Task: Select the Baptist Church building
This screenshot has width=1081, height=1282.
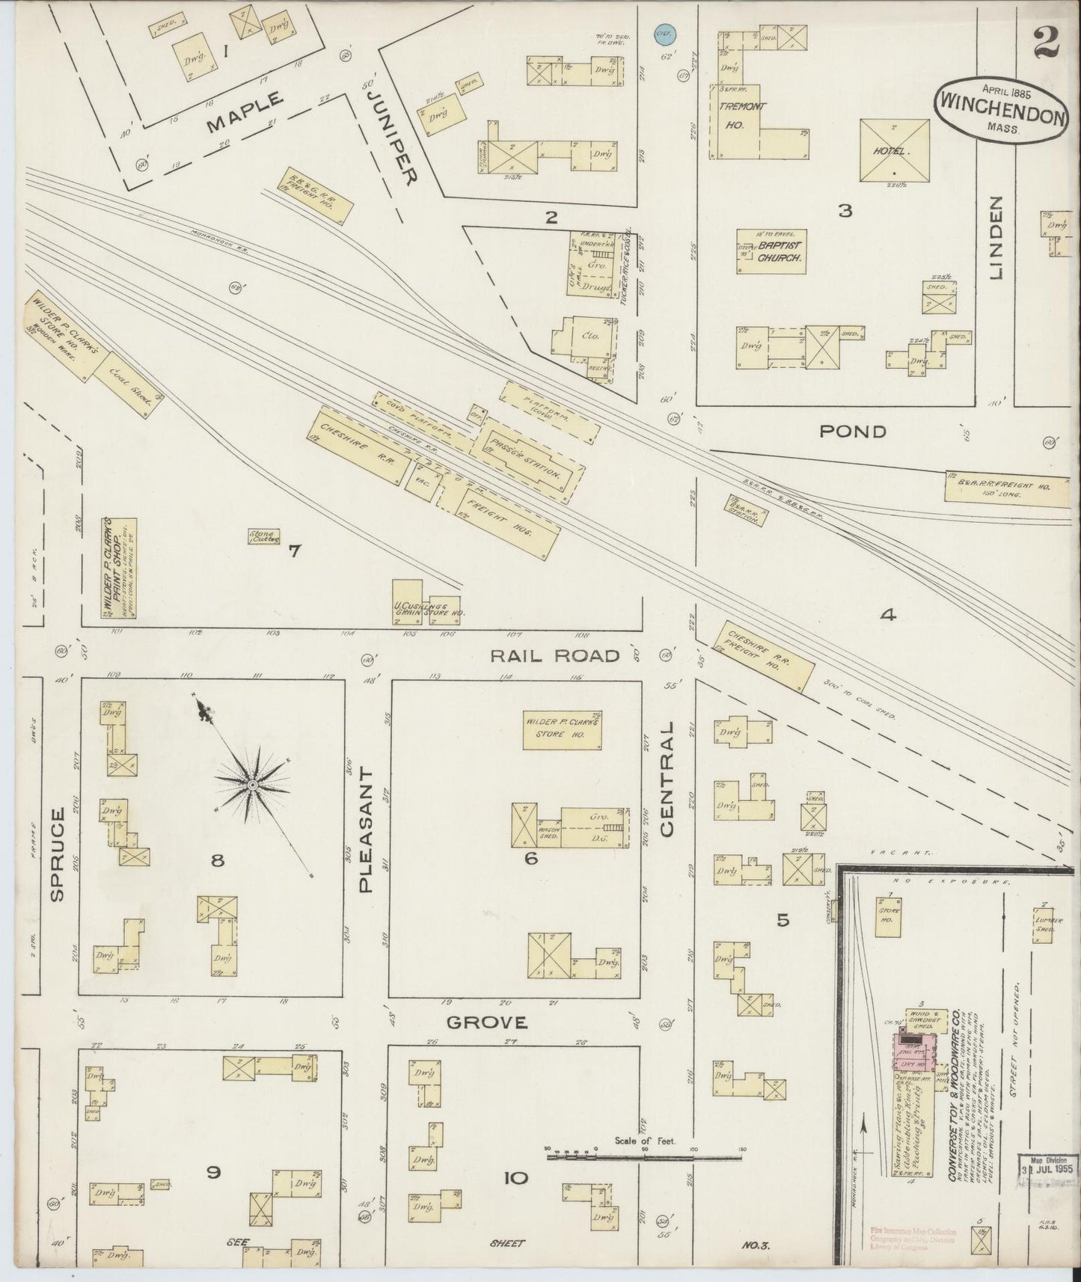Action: (x=771, y=251)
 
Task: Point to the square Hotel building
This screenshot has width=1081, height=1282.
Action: (x=895, y=150)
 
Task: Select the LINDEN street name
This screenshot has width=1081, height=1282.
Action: (x=995, y=237)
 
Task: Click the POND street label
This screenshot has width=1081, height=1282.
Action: (x=852, y=431)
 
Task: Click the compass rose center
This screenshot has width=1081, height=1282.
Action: (x=252, y=784)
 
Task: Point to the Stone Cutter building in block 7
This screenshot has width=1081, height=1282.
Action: (x=264, y=536)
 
